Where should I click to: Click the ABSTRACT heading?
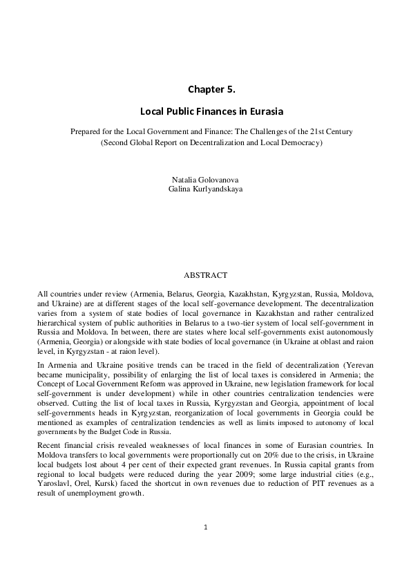pyautogui.click(x=205, y=275)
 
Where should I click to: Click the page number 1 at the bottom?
pyautogui.click(x=206, y=528)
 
